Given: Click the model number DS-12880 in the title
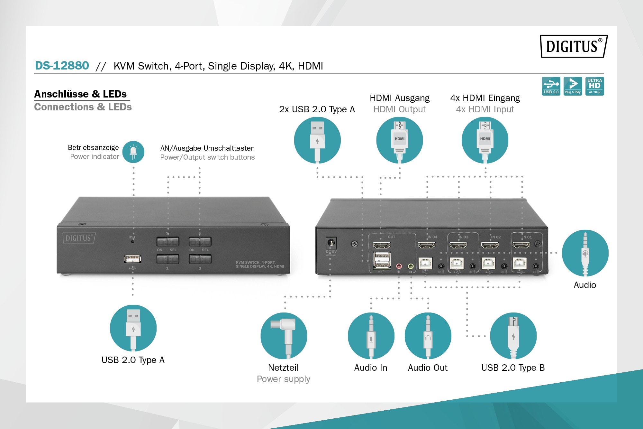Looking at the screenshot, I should [62, 66].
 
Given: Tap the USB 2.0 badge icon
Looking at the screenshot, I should [551, 86].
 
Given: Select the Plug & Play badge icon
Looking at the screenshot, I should [573, 86].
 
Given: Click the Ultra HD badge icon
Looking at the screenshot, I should [594, 86].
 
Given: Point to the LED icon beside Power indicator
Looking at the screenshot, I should [133, 152].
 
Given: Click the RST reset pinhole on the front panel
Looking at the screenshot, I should [132, 241].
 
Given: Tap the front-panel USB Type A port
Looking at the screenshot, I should [132, 258].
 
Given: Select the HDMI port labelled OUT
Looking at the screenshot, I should [382, 245].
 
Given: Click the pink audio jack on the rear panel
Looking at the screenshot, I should [399, 266].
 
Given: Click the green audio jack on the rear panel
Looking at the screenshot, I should [411, 266].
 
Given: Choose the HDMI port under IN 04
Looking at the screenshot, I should [426, 245].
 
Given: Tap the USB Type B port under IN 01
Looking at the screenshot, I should [520, 264].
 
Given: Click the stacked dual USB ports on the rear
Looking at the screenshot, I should [382, 260].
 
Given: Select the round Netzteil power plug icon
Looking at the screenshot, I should [284, 336].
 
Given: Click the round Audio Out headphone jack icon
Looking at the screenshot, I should [428, 336].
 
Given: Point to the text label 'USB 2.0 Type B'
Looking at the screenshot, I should [513, 368].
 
